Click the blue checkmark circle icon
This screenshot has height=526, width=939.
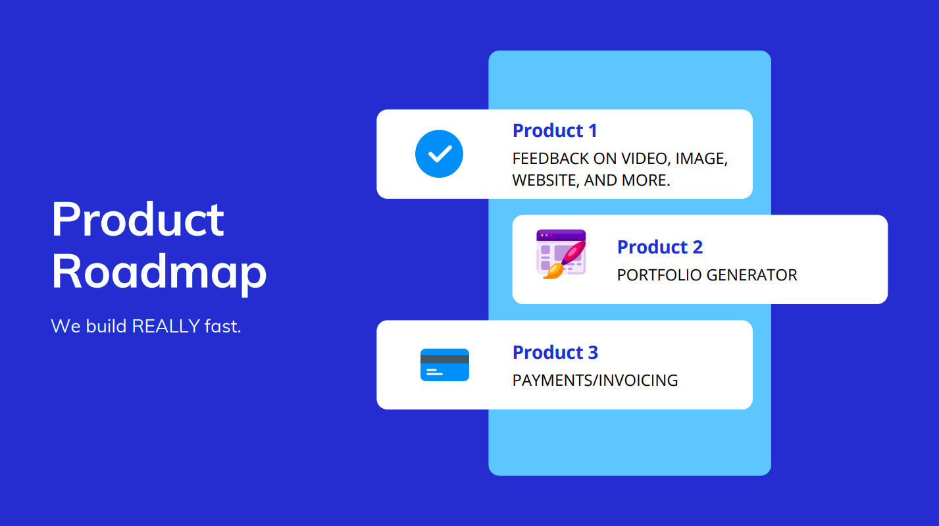(439, 154)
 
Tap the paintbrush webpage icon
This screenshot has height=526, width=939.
(561, 254)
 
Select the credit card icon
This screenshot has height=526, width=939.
(445, 365)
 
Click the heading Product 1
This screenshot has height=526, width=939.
(555, 130)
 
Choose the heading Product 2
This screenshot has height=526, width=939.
(660, 247)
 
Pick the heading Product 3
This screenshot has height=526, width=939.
(555, 352)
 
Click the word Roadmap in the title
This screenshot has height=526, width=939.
(159, 273)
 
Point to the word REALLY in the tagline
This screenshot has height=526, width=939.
(166, 326)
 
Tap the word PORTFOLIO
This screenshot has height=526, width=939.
(659, 275)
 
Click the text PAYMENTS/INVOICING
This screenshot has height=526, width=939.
(596, 381)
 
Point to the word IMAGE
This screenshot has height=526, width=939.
(701, 159)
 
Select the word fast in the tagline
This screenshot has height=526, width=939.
(222, 326)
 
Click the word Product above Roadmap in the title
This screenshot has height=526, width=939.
(138, 219)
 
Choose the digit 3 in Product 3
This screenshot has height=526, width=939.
(593, 352)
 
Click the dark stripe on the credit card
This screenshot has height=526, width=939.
(445, 359)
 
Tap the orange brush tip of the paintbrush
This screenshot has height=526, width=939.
(553, 271)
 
